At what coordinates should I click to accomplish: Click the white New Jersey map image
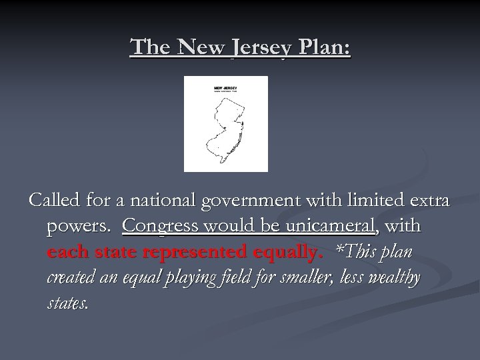pyautogui.click(x=226, y=124)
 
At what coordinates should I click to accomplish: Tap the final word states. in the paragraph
pyautogui.click(x=67, y=303)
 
